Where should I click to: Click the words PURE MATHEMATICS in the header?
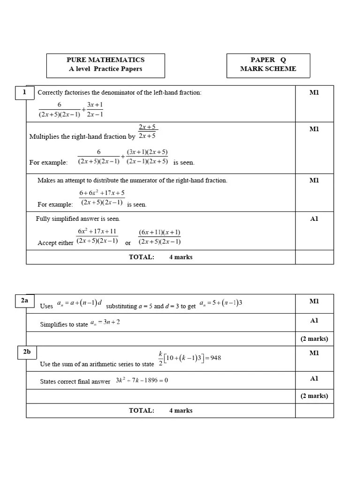coord(105,60)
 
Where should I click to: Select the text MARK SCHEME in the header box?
coord(268,69)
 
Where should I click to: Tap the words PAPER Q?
coord(268,60)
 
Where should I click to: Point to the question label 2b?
coord(27,352)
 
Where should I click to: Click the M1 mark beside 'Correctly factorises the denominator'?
coord(314,93)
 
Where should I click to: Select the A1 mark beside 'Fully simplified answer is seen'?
coord(314,219)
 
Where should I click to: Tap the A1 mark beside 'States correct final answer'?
coord(314,379)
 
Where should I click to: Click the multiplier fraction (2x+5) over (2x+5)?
coord(147,132)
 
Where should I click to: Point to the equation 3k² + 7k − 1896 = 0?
coord(142,381)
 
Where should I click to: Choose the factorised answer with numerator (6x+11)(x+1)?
coord(159,237)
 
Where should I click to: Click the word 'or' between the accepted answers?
coord(128,243)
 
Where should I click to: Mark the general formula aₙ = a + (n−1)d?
coord(79,304)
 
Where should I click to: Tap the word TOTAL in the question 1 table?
coord(141,257)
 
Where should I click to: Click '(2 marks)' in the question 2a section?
coord(314,339)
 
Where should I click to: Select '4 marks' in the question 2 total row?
coord(180,411)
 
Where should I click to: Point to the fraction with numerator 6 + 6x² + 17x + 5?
coord(102,198)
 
